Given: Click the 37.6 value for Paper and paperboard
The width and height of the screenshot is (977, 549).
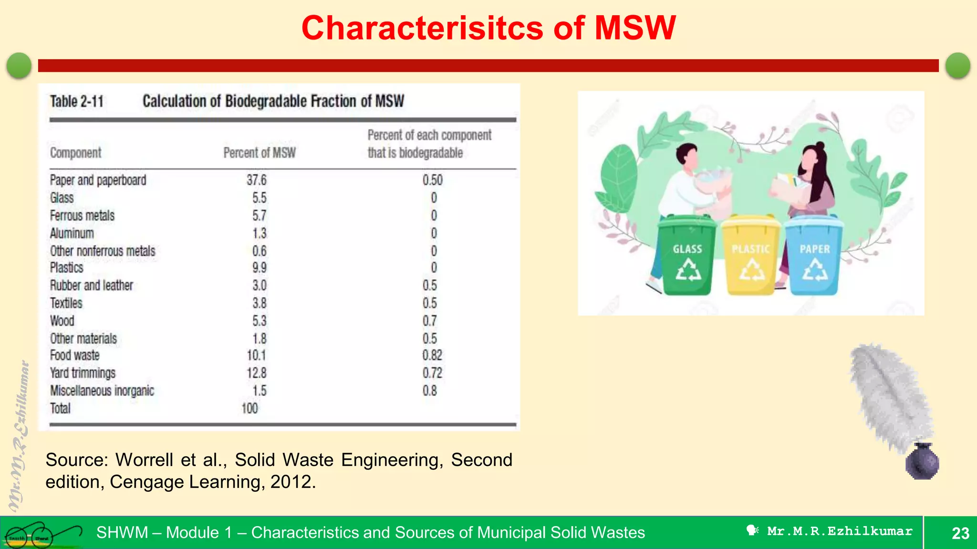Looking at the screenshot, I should click(256, 180).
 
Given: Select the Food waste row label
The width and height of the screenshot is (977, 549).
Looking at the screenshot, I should click(75, 356).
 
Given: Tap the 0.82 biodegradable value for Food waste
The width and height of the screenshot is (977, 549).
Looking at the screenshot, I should click(432, 356).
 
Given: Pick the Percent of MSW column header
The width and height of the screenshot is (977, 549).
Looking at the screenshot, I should click(260, 153).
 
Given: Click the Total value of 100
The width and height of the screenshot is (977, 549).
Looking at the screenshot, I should click(249, 408).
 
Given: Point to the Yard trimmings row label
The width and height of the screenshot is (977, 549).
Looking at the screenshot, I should click(83, 373).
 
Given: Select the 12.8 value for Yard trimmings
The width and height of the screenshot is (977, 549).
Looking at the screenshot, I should click(256, 373).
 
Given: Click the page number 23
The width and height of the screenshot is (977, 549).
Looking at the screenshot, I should click(960, 533).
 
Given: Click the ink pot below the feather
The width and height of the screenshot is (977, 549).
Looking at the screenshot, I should click(922, 461).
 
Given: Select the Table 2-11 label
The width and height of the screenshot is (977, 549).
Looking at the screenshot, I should click(77, 102).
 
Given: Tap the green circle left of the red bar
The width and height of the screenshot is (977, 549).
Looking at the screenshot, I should click(19, 65).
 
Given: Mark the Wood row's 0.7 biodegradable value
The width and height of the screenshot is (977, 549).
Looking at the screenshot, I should click(429, 321).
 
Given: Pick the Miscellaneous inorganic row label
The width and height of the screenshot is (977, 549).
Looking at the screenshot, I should click(102, 391).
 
